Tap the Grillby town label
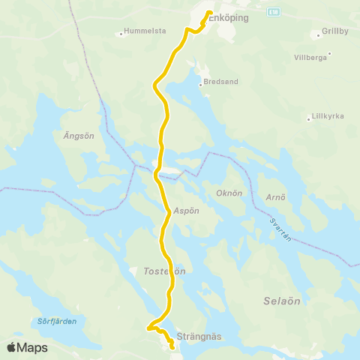point(334,32)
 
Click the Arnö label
point(276,199)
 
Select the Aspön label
point(186,211)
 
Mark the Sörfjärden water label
point(57,321)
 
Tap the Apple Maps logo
point(27,347)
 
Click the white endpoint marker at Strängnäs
point(172,346)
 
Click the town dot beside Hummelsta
point(121,33)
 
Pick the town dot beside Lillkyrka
point(309,118)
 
